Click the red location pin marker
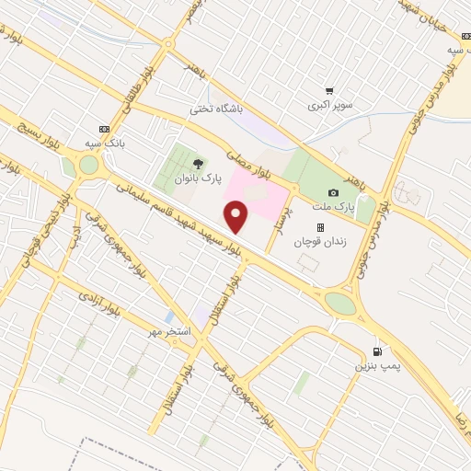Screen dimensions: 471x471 pyautogui.click(x=236, y=218)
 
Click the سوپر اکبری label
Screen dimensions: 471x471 pyautogui.click(x=329, y=105)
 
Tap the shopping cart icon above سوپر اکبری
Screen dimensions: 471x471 pyautogui.click(x=329, y=91)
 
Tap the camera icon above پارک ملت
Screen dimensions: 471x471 pyautogui.click(x=333, y=192)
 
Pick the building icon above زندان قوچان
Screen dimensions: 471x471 pyautogui.click(x=320, y=227)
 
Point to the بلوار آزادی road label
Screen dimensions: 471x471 pyautogui.click(x=97, y=299)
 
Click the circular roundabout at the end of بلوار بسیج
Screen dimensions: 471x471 pyautogui.click(x=88, y=166)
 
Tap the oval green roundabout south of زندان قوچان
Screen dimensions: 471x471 pyautogui.click(x=339, y=303)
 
